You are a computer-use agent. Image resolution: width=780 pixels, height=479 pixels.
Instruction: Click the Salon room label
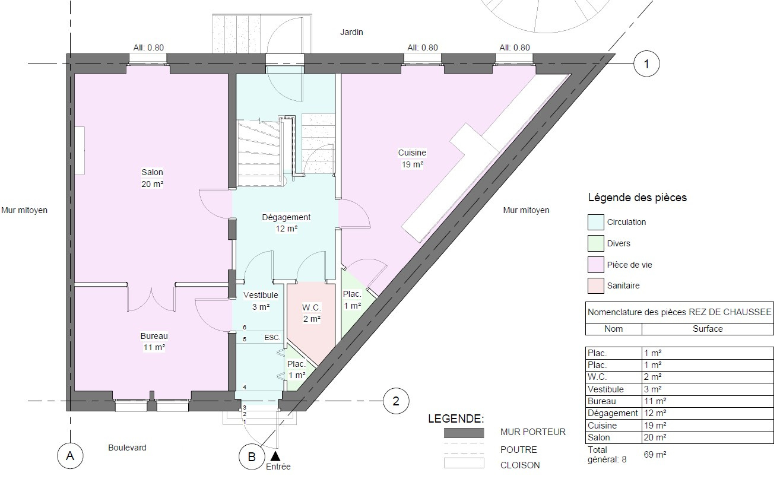[152, 172]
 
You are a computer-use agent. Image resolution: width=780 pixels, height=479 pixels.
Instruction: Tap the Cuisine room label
[412, 153]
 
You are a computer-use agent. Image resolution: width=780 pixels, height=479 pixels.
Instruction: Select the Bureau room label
[154, 337]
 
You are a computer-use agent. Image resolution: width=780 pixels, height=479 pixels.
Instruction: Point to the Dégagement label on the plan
[286, 218]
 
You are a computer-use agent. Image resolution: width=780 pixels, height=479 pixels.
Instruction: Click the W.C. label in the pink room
[311, 307]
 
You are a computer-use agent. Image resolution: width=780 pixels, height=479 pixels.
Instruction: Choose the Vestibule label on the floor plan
[261, 295]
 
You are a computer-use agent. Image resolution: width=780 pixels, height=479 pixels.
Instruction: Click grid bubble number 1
[646, 64]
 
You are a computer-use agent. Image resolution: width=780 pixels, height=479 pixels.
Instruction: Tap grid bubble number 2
[396, 401]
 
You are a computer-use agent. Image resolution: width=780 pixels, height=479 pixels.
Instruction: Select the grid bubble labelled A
[70, 456]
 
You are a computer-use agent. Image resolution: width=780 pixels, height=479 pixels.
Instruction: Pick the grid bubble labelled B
[252, 456]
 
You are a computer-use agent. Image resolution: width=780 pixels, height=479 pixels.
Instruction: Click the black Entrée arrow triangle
[275, 456]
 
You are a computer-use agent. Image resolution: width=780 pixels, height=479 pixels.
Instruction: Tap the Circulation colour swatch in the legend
[595, 222]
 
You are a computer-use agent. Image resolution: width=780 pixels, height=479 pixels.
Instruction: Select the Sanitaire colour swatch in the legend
[595, 286]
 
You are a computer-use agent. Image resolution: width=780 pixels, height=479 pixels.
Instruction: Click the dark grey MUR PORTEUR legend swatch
[464, 433]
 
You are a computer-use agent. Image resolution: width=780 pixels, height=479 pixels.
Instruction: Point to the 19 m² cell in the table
[655, 426]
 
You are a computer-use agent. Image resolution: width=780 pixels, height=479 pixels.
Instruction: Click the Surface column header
[708, 329]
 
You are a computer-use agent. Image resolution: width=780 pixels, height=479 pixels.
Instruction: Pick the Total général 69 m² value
[655, 455]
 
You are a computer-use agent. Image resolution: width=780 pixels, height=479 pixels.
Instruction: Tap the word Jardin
[351, 33]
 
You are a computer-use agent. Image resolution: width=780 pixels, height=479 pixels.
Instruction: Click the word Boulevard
[127, 448]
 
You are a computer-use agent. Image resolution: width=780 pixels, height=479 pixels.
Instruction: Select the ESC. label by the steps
[272, 338]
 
